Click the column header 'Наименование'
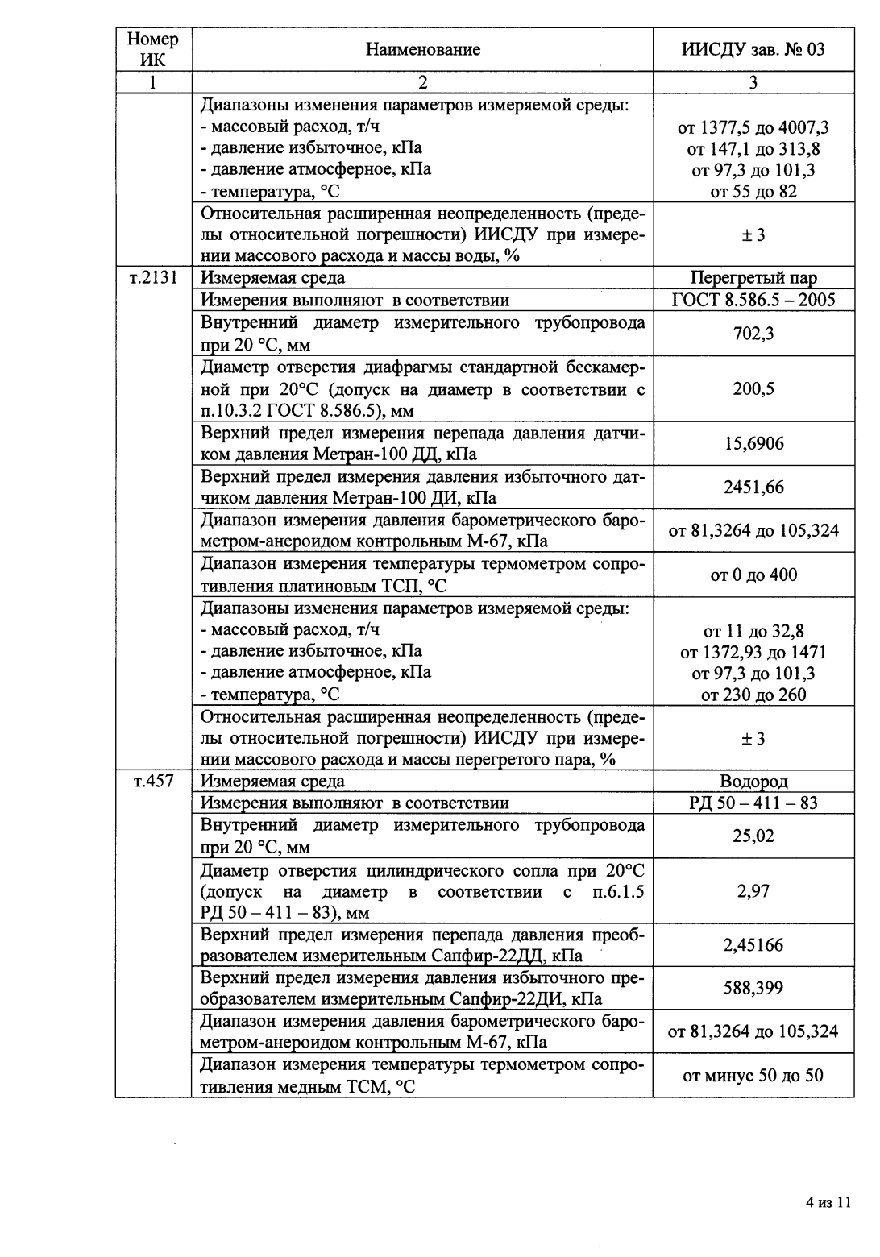tap(422, 50)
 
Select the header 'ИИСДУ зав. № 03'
tap(753, 50)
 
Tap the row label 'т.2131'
tap(153, 278)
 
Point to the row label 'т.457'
tap(153, 781)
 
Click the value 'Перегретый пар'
tap(753, 278)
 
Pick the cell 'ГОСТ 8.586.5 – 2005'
tap(753, 301)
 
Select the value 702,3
tap(753, 334)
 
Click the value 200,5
tap(753, 389)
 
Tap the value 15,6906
tap(753, 444)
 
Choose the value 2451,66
tap(753, 487)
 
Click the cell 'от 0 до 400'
tap(753, 575)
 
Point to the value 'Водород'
tap(753, 781)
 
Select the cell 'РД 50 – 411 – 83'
tap(753, 803)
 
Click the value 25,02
tap(753, 836)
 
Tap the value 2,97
tap(753, 891)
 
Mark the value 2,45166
tap(753, 945)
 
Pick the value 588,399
tap(753, 988)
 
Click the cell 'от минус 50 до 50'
tap(753, 1075)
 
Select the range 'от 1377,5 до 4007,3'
tap(753, 127)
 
